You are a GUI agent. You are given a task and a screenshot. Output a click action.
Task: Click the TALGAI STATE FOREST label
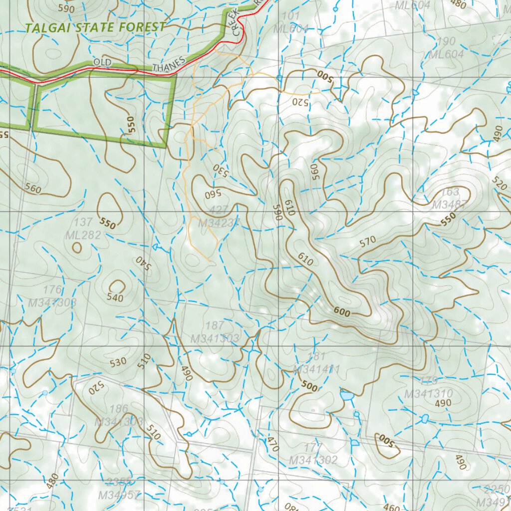click(x=95, y=27)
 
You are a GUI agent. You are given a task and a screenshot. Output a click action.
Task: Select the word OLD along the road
click(x=102, y=62)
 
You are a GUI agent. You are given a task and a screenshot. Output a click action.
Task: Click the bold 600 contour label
click(x=342, y=312)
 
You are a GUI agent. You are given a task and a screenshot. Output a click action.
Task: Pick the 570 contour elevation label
click(x=367, y=243)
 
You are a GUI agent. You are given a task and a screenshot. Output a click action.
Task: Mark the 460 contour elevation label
click(x=392, y=508)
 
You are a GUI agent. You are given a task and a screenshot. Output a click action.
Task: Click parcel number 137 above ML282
click(x=83, y=223)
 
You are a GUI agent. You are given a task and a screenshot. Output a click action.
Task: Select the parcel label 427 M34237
click(x=219, y=218)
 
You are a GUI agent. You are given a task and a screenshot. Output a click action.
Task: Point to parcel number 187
click(x=215, y=326)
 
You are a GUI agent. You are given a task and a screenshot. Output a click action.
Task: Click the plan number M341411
click(x=317, y=369)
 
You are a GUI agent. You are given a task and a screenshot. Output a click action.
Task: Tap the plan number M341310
click(x=428, y=394)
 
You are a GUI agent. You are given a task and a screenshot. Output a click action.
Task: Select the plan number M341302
click(x=313, y=460)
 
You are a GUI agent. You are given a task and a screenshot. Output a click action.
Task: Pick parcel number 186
click(x=118, y=409)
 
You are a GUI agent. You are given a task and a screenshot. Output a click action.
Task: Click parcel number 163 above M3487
click(x=450, y=192)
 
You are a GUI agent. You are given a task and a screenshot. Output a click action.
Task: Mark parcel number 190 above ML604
click(x=446, y=41)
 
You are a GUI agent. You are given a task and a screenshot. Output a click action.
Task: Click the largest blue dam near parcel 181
click(x=346, y=396)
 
